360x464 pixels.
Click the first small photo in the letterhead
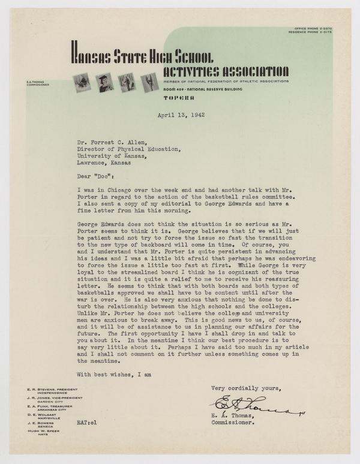pyautogui.click(x=80, y=82)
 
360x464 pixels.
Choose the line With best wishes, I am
pyautogui.click(x=113, y=375)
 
